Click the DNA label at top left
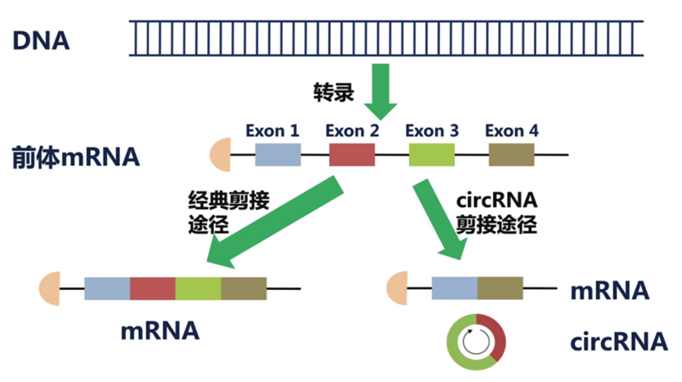41,39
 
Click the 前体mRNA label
76,158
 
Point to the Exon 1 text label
272,131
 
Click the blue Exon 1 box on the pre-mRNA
278,154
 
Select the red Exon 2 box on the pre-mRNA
352,154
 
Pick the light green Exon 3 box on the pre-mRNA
431,154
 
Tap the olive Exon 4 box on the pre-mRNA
511,154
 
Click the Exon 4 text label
511,131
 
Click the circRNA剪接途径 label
495,214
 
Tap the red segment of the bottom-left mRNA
153,289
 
